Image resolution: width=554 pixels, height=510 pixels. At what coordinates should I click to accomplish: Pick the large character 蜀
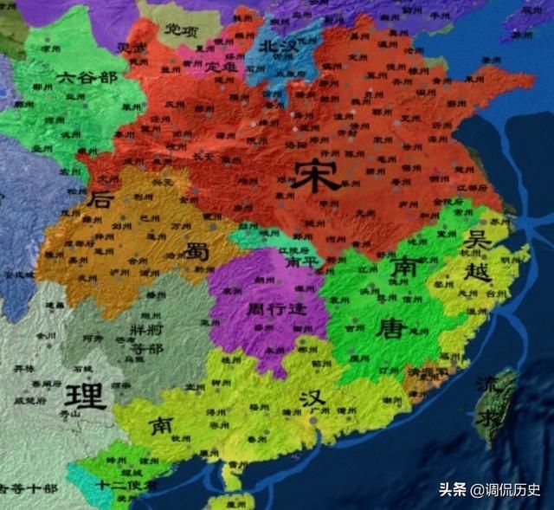(194, 251)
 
